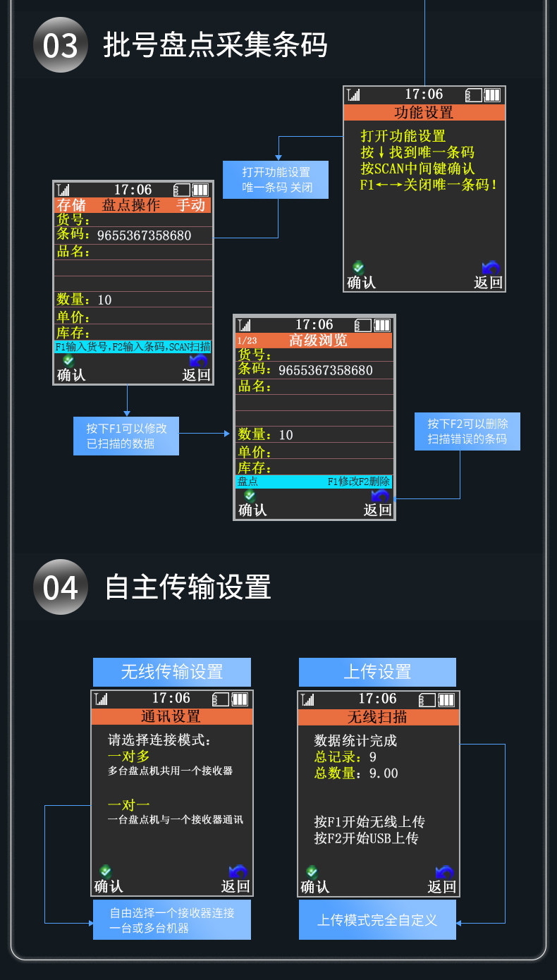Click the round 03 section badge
click(x=61, y=45)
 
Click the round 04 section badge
click(x=61, y=587)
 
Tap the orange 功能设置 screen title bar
click(x=424, y=112)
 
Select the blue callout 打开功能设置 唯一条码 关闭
click(x=276, y=180)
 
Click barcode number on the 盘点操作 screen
click(x=144, y=235)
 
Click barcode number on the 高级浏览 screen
click(x=325, y=370)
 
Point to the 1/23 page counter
click(x=247, y=341)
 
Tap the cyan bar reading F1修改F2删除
click(x=314, y=482)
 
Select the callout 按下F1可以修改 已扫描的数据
click(x=127, y=436)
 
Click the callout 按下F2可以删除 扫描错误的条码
click(x=467, y=431)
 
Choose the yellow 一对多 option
click(x=129, y=756)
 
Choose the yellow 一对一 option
click(x=129, y=804)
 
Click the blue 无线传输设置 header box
click(x=172, y=672)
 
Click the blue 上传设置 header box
click(x=377, y=672)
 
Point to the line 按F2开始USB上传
click(x=366, y=838)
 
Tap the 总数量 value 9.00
click(x=384, y=773)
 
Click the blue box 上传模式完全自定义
click(x=377, y=919)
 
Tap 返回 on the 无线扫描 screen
click(x=442, y=886)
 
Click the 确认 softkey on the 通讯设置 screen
click(x=109, y=886)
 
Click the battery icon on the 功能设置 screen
click(x=492, y=95)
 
